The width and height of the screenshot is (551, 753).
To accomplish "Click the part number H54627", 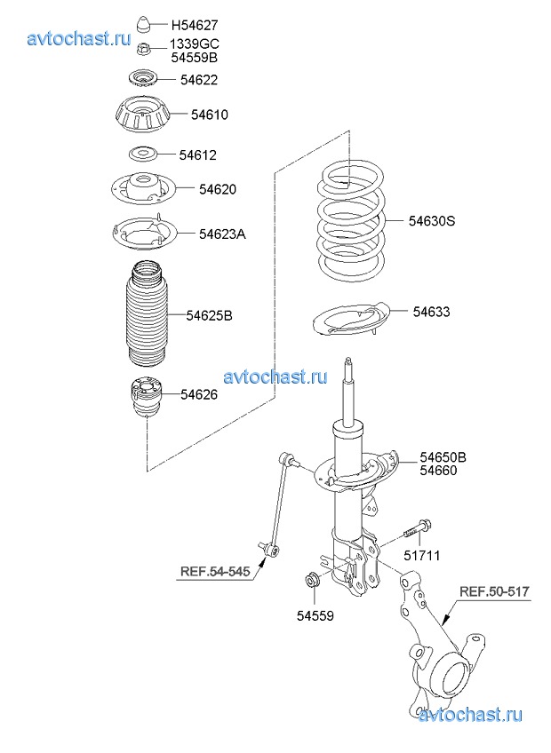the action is [x=195, y=25].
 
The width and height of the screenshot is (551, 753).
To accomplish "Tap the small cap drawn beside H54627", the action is [x=144, y=25].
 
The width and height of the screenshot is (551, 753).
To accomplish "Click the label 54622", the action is [x=199, y=80].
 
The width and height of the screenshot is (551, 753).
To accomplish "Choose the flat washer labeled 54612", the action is [x=143, y=155].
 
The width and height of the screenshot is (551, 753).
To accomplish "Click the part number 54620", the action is [x=218, y=189].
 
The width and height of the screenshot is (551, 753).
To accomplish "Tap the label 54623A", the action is [x=222, y=234].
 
